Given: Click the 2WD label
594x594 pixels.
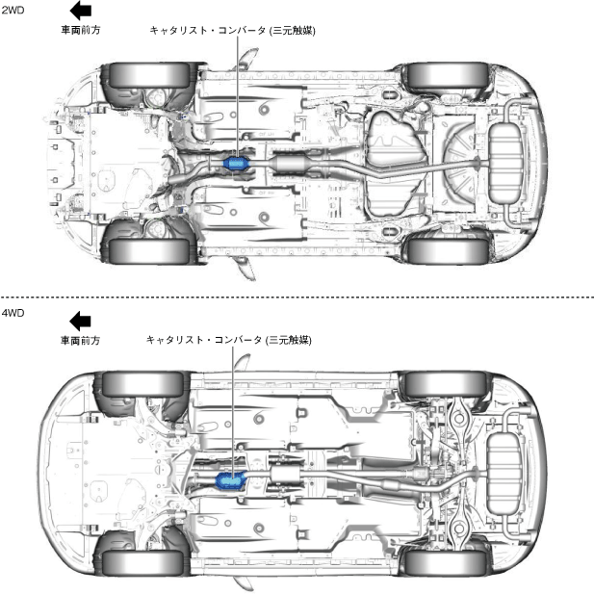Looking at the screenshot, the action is click(13, 11).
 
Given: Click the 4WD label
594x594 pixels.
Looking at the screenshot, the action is click(13, 314).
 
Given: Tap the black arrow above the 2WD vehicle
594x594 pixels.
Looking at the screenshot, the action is click(81, 12).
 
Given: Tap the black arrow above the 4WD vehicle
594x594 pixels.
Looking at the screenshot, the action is click(80, 321).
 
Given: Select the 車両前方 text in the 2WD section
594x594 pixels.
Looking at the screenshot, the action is click(81, 30).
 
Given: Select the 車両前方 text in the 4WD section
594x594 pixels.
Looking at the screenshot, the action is click(80, 340).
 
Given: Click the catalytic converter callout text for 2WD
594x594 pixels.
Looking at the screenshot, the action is click(232, 30).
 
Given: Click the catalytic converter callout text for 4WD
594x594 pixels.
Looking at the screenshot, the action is click(229, 340).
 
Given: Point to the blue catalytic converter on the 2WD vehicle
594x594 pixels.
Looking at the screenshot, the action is click(236, 165).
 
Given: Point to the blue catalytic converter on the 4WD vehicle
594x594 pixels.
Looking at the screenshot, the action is click(230, 478).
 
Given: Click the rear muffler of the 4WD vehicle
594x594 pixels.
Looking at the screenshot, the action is click(504, 474).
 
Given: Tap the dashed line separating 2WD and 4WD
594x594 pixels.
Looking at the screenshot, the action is click(297, 297).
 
